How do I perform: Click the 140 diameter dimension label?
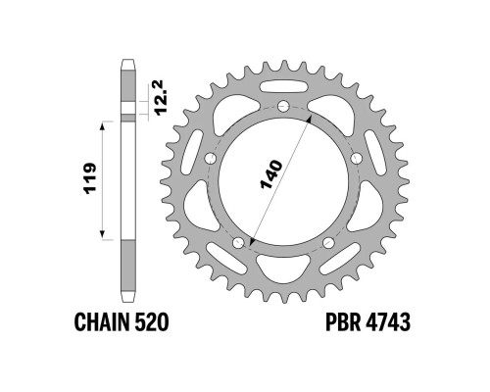271,174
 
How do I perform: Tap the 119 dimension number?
90,178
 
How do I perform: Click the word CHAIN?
102,322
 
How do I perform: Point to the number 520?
152,322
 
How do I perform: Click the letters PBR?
343,322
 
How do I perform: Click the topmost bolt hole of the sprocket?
283,106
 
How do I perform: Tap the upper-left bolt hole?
211,159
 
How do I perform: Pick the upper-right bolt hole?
356,159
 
